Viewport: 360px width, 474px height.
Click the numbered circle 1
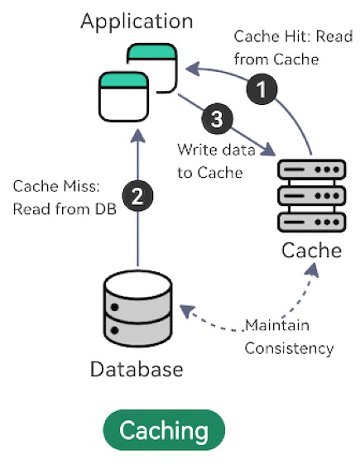tap(262, 89)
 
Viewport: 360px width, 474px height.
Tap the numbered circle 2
tap(137, 196)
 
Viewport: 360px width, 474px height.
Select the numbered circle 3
tap(217, 118)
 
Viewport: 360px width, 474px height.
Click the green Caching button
tap(164, 430)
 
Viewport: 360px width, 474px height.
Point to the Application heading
tap(137, 22)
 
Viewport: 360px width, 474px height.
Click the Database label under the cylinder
tap(137, 370)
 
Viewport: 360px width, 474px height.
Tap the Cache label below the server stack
tap(312, 251)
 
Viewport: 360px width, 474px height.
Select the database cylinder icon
tap(138, 309)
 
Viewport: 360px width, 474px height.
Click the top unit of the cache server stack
tap(312, 170)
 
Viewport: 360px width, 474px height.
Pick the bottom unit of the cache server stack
tap(312, 223)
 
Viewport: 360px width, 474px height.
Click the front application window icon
tap(124, 97)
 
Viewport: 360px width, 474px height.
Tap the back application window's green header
tap(151, 51)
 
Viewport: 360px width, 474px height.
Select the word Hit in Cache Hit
tap(299, 36)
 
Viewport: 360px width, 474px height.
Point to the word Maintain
tap(277, 326)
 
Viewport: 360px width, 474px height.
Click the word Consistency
tap(289, 349)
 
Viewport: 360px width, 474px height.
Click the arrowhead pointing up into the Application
tap(138, 136)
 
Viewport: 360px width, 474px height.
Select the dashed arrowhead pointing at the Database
tap(187, 311)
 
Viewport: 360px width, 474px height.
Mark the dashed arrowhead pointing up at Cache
tap(312, 270)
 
